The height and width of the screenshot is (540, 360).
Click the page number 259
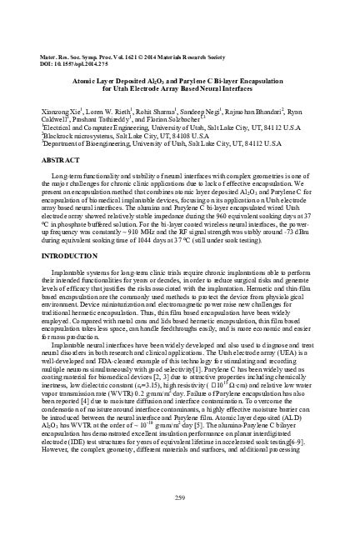click(180, 497)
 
